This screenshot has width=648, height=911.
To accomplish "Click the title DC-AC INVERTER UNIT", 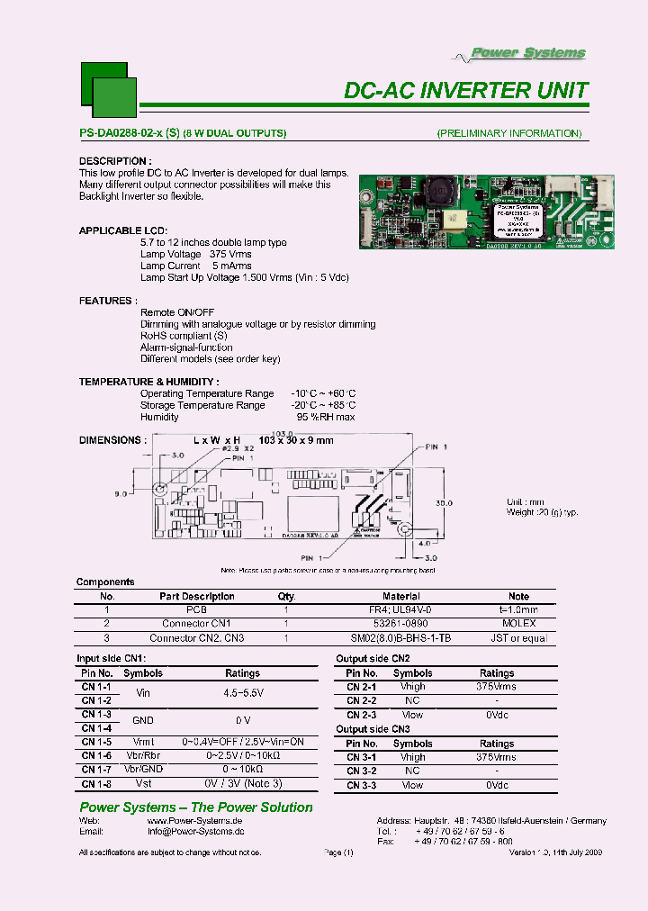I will [466, 90].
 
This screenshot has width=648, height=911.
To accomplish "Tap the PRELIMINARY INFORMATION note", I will [508, 133].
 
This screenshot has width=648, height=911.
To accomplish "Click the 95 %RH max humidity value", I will [326, 417].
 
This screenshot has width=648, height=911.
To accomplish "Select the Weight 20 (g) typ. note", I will [542, 512].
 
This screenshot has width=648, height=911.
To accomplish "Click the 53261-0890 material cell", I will [400, 624].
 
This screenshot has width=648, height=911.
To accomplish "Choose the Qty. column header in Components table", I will [286, 596].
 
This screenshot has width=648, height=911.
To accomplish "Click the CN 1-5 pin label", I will [96, 743].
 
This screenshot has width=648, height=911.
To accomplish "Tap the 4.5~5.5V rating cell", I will [242, 694].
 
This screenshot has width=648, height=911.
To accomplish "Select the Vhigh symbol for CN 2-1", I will [413, 686].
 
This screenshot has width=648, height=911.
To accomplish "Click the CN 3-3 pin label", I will [361, 786].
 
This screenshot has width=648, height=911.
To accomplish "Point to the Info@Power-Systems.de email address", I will [195, 833].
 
